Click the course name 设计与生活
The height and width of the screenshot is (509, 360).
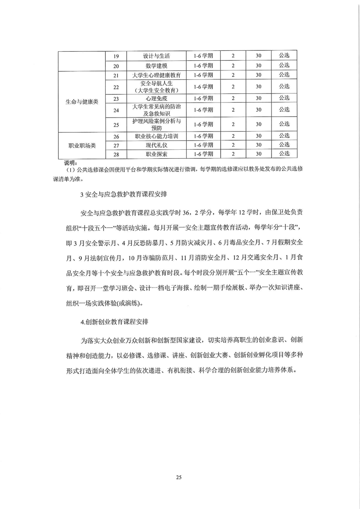[x=157, y=56]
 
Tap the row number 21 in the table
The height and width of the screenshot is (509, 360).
[x=116, y=75]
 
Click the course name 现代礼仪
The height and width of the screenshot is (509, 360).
[x=157, y=146]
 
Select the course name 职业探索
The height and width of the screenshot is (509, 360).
[x=157, y=155]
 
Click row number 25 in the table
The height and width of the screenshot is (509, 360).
[x=116, y=124]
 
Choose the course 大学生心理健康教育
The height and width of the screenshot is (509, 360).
[x=157, y=75]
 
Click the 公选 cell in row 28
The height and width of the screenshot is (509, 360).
[x=284, y=154]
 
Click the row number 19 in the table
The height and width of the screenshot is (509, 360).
[x=116, y=56]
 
